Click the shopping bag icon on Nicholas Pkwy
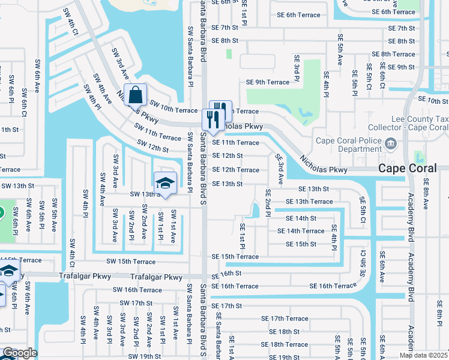pyautogui.click(x=136, y=94)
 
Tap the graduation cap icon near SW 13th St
pyautogui.click(x=164, y=184)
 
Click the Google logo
pyautogui.click(x=20, y=353)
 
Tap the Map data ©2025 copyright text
pyautogui.click(x=423, y=355)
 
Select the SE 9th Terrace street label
pyautogui.click(x=267, y=82)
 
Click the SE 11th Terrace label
pyautogui.click(x=235, y=143)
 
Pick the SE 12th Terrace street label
pyautogui.click(x=235, y=170)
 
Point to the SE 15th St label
pyautogui.click(x=301, y=244)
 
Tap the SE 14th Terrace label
pyautogui.click(x=301, y=231)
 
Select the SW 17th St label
pyautogui.click(x=133, y=303)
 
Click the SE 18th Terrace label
pyautogui.click(x=289, y=344)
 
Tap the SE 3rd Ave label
pyautogui.click(x=280, y=169)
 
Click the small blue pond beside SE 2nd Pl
pyautogui.click(x=255, y=210)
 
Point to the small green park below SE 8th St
pyautogui.click(x=229, y=54)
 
